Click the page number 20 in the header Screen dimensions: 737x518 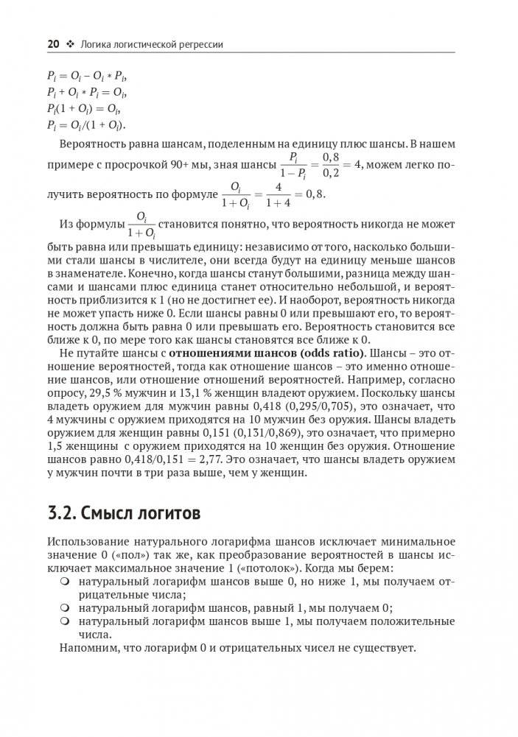coord(53,44)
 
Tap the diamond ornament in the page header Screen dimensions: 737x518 coord(71,44)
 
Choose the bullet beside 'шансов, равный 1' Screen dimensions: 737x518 coord(65,608)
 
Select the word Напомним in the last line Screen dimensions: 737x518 coord(86,649)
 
